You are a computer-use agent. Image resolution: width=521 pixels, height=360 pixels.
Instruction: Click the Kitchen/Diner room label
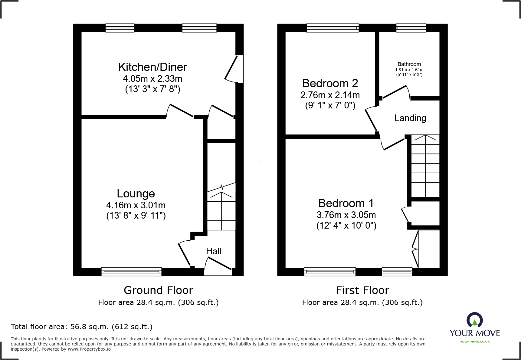point(152,67)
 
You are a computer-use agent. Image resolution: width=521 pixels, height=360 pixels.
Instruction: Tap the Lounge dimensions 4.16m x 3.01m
point(136,205)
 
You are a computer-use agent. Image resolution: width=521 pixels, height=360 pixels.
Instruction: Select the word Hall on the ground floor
point(214,251)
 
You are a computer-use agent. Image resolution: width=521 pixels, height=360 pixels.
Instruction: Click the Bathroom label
point(409,64)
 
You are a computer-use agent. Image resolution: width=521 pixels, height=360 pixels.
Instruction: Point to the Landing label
point(410,118)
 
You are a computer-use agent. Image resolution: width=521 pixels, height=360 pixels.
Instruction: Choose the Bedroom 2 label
point(330,83)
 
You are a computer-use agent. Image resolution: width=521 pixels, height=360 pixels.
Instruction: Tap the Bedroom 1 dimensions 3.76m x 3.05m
point(346,215)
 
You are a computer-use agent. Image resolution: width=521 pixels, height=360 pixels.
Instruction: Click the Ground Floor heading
point(158,290)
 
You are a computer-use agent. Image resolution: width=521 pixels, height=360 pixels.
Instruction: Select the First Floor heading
point(362,290)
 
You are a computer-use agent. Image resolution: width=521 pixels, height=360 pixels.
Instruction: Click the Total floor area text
point(82,327)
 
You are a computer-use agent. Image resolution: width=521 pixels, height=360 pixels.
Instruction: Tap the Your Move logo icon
point(474,320)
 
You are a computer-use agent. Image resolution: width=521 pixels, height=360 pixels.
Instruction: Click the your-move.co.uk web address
point(475,342)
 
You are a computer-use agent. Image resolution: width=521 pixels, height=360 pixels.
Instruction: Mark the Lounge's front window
point(131,272)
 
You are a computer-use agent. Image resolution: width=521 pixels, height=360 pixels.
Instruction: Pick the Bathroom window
point(411,28)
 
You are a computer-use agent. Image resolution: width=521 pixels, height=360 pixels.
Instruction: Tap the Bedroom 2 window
point(333,28)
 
